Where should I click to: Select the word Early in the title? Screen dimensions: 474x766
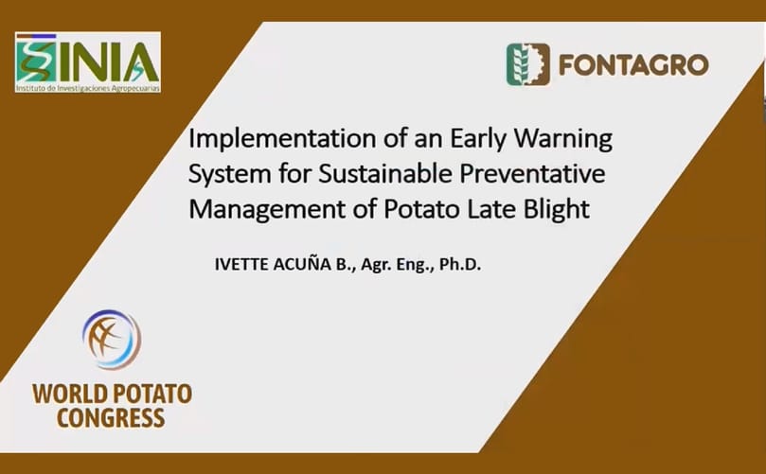pyautogui.click(x=454, y=140)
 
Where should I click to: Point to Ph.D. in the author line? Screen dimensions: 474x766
pyautogui.click(x=459, y=265)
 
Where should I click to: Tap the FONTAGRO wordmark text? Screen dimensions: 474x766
pyautogui.click(x=632, y=65)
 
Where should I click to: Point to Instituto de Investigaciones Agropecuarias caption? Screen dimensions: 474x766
pyautogui.click(x=88, y=87)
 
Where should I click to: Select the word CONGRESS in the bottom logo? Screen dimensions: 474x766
pyautogui.click(x=111, y=417)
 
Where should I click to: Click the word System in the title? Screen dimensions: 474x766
pyautogui.click(x=227, y=174)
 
